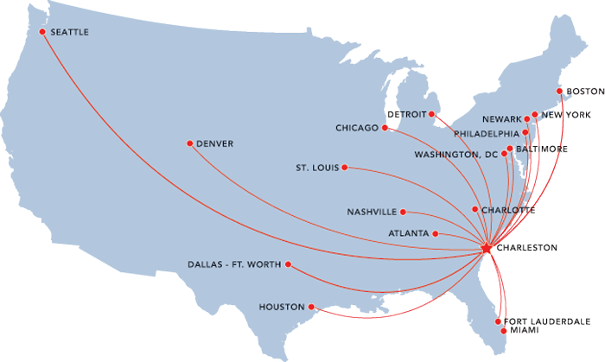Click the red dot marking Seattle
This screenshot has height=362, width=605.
[x=41, y=33]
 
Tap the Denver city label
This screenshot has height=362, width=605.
[x=215, y=143]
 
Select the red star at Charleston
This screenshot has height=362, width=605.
[x=486, y=248]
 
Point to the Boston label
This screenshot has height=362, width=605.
[x=585, y=91]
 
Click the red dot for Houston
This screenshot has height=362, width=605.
[x=311, y=306]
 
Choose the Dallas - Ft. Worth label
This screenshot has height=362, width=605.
[x=233, y=264]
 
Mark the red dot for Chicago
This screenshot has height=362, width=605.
[x=385, y=128]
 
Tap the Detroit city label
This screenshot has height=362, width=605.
[x=406, y=114]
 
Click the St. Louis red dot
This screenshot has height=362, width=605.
[x=345, y=167]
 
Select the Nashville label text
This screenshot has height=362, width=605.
[x=372, y=212]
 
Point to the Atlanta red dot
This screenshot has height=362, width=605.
[x=436, y=233]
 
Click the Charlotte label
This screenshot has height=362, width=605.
[x=509, y=210]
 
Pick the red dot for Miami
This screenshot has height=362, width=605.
[x=499, y=331]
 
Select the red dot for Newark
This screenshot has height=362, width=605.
[x=526, y=119]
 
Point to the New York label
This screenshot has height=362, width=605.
[x=566, y=115]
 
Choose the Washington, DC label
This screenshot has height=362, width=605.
[x=456, y=155]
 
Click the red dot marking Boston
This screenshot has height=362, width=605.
[x=559, y=91]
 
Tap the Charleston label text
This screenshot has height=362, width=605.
[x=526, y=248]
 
